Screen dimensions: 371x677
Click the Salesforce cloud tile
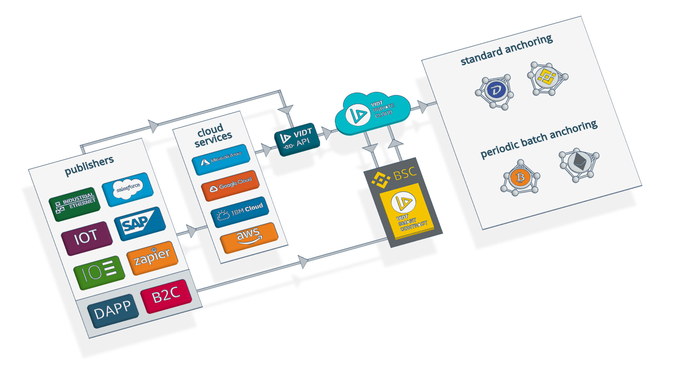[x=128, y=189]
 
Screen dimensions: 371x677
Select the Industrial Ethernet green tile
[x=75, y=203]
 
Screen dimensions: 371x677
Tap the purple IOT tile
[x=87, y=238]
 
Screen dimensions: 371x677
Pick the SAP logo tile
[x=139, y=223]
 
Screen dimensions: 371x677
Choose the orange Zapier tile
[x=152, y=258]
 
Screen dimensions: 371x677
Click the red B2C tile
[x=166, y=295]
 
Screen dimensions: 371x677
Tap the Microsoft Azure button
[x=221, y=159]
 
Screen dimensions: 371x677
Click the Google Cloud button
[x=230, y=185]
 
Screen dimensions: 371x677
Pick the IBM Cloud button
[x=240, y=211]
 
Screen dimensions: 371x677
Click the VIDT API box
[x=297, y=139]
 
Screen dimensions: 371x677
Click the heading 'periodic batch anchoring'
[x=539, y=139]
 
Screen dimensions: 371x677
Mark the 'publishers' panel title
[x=89, y=166]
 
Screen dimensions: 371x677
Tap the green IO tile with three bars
[x=99, y=272]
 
